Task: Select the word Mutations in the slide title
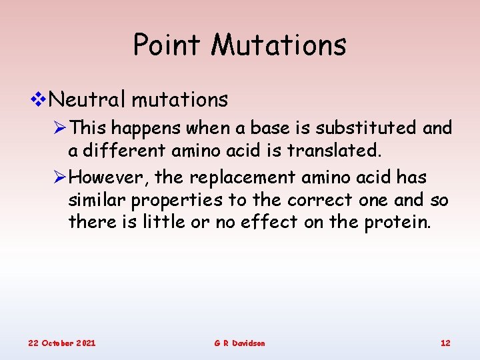(279, 45)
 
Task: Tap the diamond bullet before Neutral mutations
(39, 100)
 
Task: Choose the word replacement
(242, 178)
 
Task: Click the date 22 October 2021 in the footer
(61, 343)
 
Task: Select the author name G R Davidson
(239, 343)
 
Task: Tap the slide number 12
(445, 343)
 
